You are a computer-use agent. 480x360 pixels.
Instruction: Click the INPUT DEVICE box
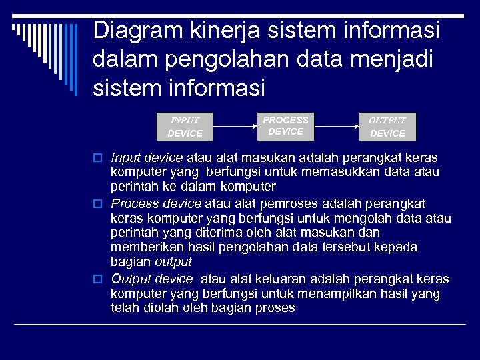tap(185, 127)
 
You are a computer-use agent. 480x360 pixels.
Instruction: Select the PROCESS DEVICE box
tap(285, 126)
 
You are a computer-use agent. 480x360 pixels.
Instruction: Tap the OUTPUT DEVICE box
tap(387, 127)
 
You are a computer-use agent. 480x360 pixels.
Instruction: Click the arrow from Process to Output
tap(337, 125)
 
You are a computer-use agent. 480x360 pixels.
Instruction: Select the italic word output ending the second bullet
tap(173, 262)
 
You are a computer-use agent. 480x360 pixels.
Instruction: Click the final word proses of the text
tap(275, 308)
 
